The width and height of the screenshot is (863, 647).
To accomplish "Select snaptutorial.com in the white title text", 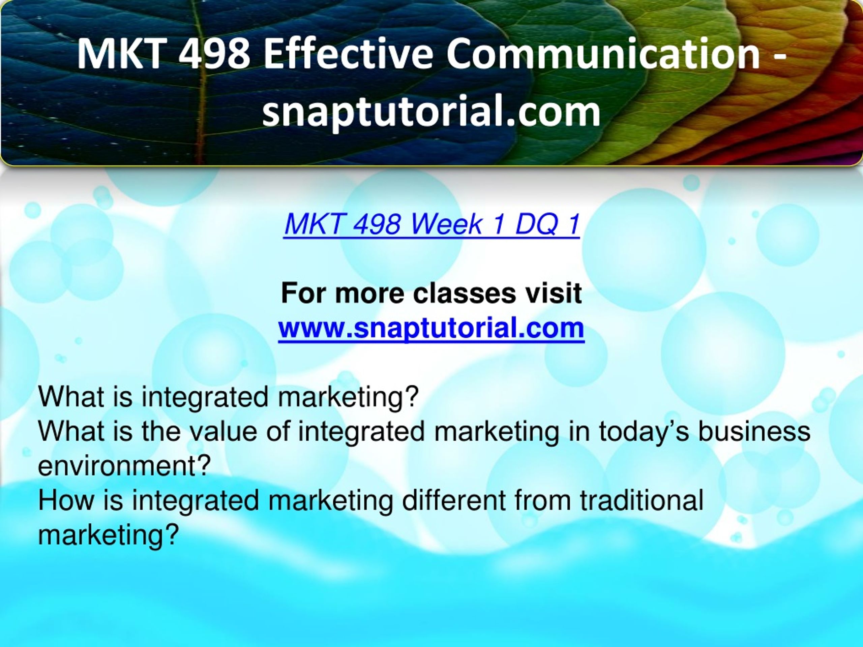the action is click(431, 112).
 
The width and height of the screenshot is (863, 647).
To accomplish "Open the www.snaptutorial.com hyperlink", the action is click(431, 329).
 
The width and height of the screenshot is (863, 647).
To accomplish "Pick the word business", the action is click(754, 431).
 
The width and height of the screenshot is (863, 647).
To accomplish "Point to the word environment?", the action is click(124, 465).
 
